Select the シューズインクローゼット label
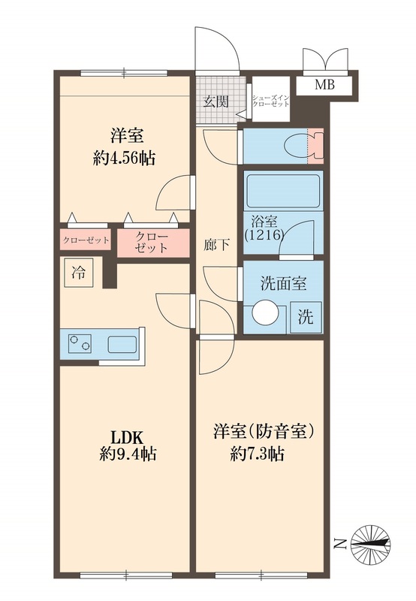pos(270,102)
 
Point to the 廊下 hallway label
pos(216,244)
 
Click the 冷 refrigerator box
pos(78,273)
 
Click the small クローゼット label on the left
pos(84,241)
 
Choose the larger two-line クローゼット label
pos(152,243)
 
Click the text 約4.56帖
pos(123,159)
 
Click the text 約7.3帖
pos(258,454)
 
